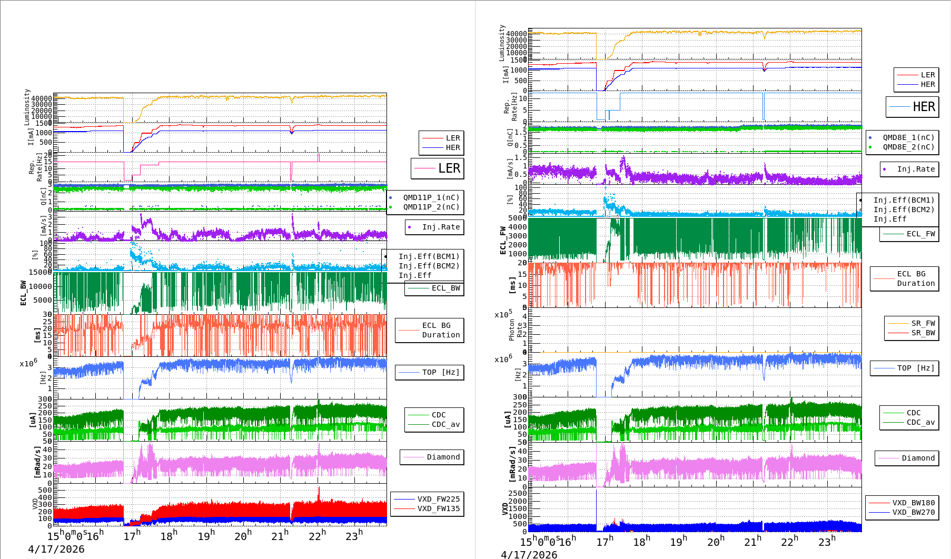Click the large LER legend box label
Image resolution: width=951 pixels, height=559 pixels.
pos(449,168)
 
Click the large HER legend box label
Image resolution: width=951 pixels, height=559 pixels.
pos(924,107)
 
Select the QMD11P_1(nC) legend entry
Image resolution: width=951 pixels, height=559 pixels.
pos(431,197)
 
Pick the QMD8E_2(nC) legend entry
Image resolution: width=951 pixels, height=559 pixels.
pos(908,147)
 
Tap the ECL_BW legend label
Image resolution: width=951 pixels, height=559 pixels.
pos(445,288)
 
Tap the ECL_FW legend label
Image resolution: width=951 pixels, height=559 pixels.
pos(920,234)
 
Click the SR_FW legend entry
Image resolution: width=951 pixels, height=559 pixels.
pos(923,323)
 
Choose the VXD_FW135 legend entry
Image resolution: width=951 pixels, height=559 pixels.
pos(438,508)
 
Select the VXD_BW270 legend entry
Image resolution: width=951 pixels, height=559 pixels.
pos(913,512)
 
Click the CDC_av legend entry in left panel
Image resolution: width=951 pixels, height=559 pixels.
pos(445,424)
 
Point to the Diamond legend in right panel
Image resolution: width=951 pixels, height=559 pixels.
pos(918,458)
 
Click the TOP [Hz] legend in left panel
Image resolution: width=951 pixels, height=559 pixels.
pos(440,372)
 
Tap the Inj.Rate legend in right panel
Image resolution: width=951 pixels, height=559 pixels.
pos(916,169)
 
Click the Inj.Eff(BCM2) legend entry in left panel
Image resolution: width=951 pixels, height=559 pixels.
pos(429,266)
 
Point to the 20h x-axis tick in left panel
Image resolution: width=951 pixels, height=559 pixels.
pos(243,536)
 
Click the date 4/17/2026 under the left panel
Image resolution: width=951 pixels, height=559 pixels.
pos(56,549)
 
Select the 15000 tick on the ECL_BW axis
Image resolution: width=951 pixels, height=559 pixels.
pos(40,272)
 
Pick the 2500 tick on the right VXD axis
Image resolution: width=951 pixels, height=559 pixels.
pos(517,493)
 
